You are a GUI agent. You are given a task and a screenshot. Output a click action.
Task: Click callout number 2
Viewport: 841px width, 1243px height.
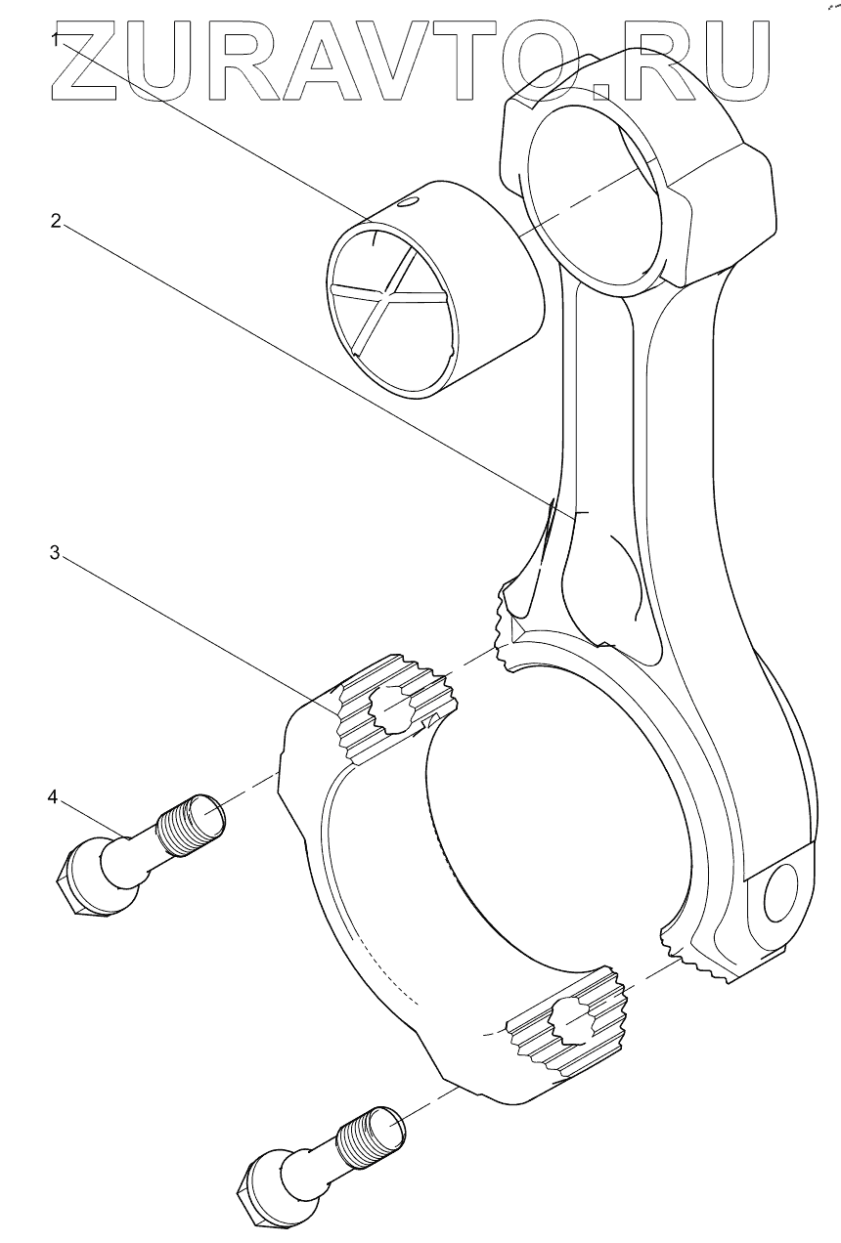pyautogui.click(x=57, y=221)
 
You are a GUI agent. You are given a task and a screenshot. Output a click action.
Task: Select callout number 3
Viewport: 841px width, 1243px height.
pyautogui.click(x=56, y=552)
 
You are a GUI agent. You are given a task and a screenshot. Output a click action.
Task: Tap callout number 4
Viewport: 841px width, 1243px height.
pyautogui.click(x=54, y=796)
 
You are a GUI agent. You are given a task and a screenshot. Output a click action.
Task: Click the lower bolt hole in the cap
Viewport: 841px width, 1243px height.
pyautogui.click(x=570, y=1022)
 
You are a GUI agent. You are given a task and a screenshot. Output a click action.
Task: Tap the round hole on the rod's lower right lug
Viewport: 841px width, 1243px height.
pyautogui.click(x=783, y=893)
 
